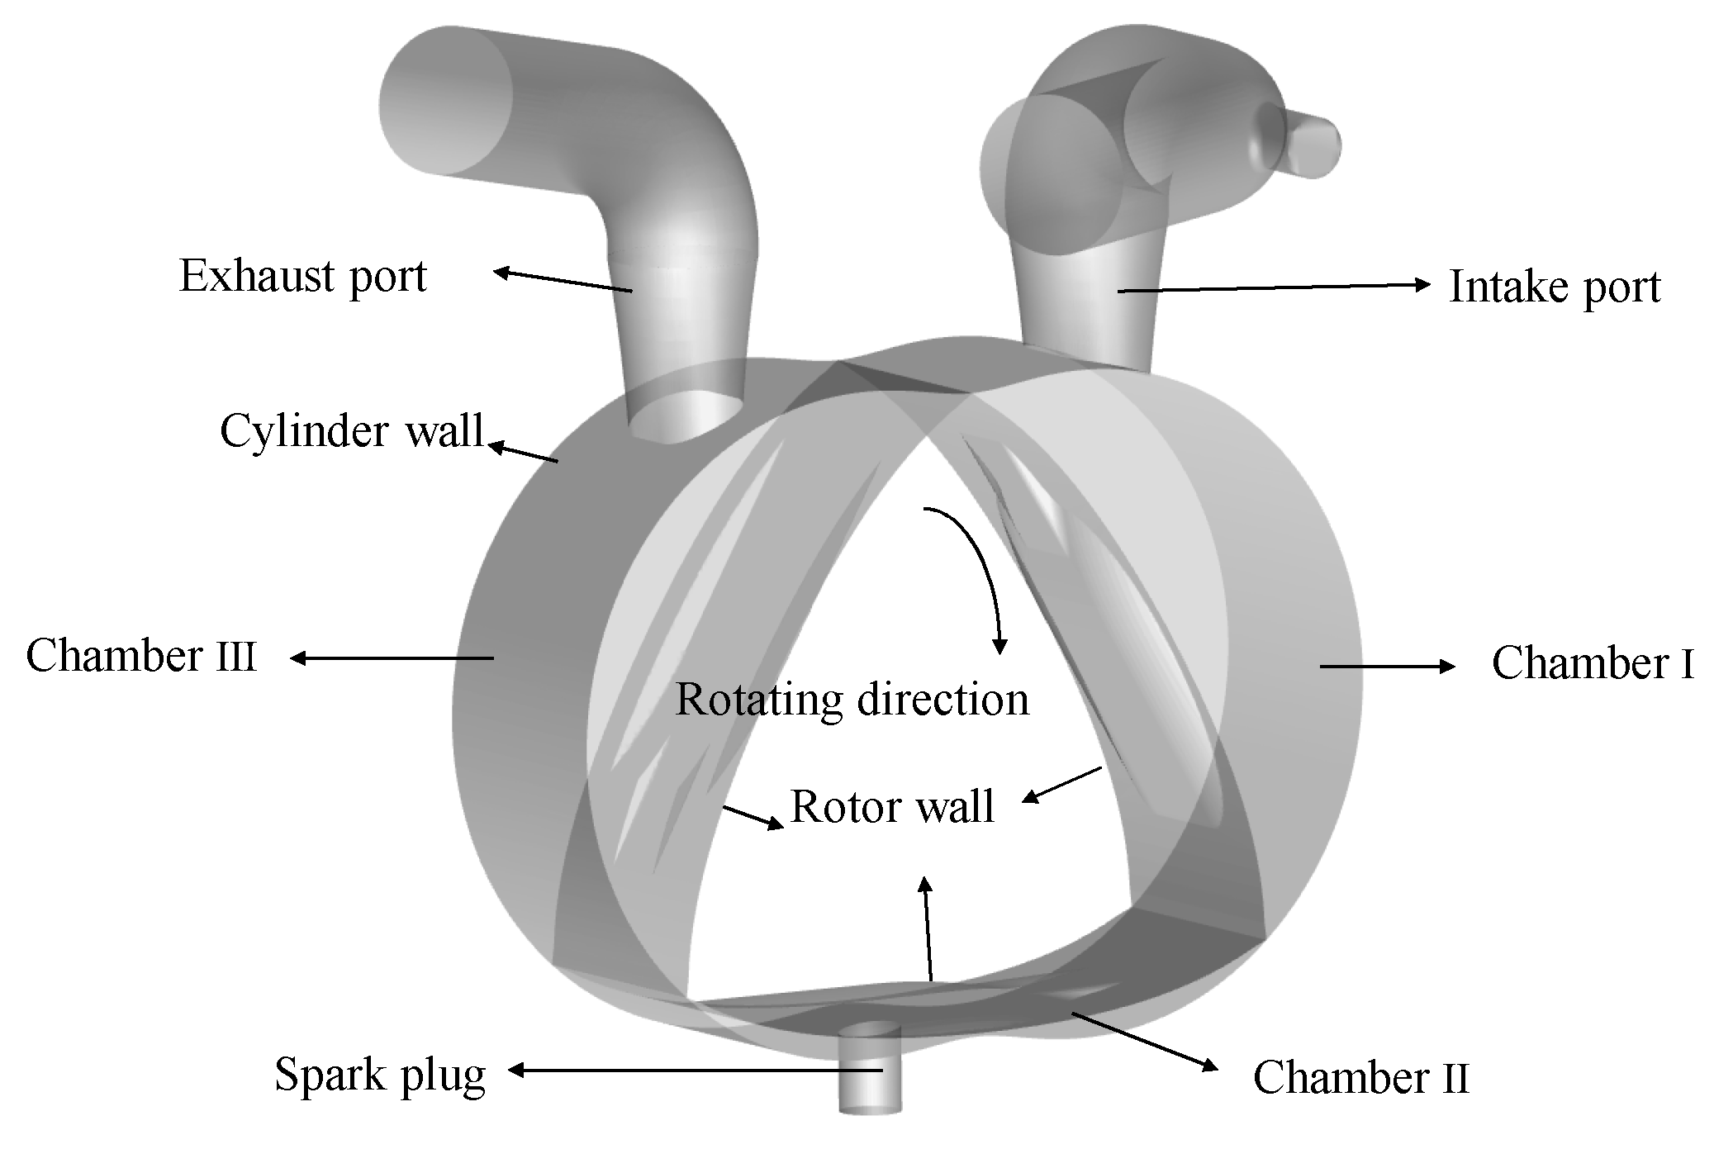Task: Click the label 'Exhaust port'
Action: point(302,277)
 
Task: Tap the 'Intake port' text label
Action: point(1555,288)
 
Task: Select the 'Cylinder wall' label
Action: point(351,431)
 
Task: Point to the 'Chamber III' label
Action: point(141,658)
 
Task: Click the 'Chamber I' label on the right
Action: point(1593,664)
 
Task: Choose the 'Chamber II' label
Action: point(1360,1078)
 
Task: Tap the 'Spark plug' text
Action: point(380,1075)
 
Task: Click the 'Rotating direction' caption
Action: point(852,700)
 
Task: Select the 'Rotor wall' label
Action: point(892,807)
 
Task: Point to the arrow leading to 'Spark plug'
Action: point(694,1071)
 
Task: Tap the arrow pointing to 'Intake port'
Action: point(1272,287)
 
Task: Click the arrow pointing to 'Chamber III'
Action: point(392,658)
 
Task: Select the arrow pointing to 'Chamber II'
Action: point(1144,1041)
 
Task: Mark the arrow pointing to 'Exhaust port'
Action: point(563,281)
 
